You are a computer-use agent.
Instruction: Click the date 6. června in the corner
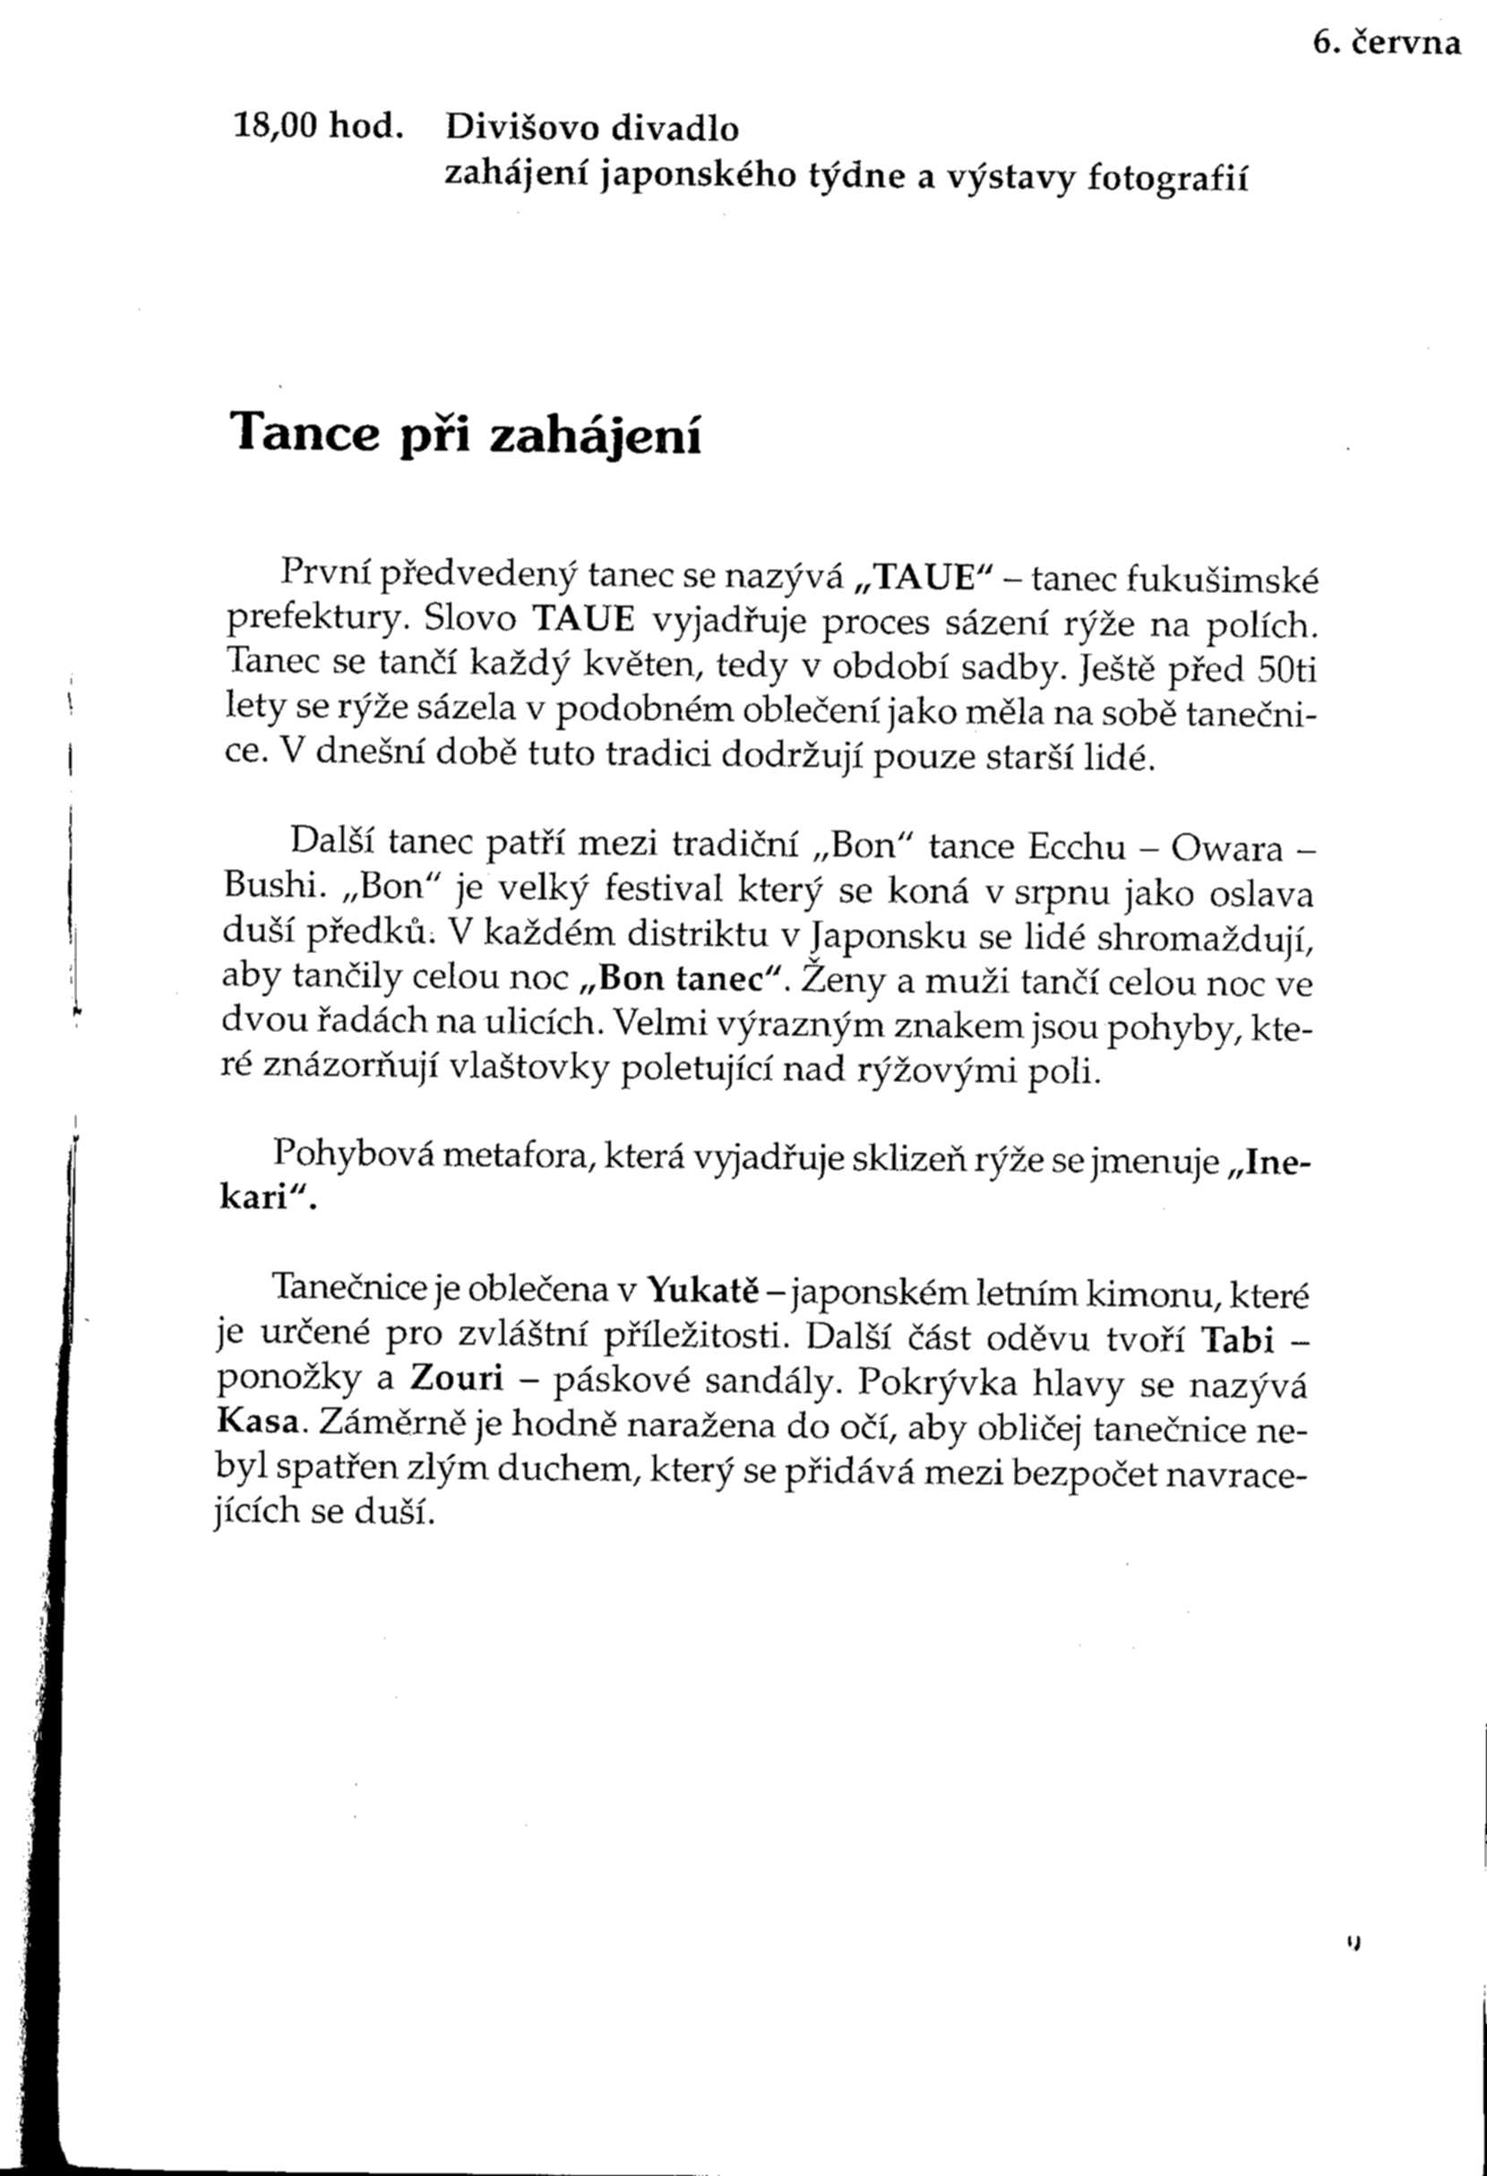click(1386, 45)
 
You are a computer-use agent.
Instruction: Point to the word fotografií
click(1168, 177)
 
